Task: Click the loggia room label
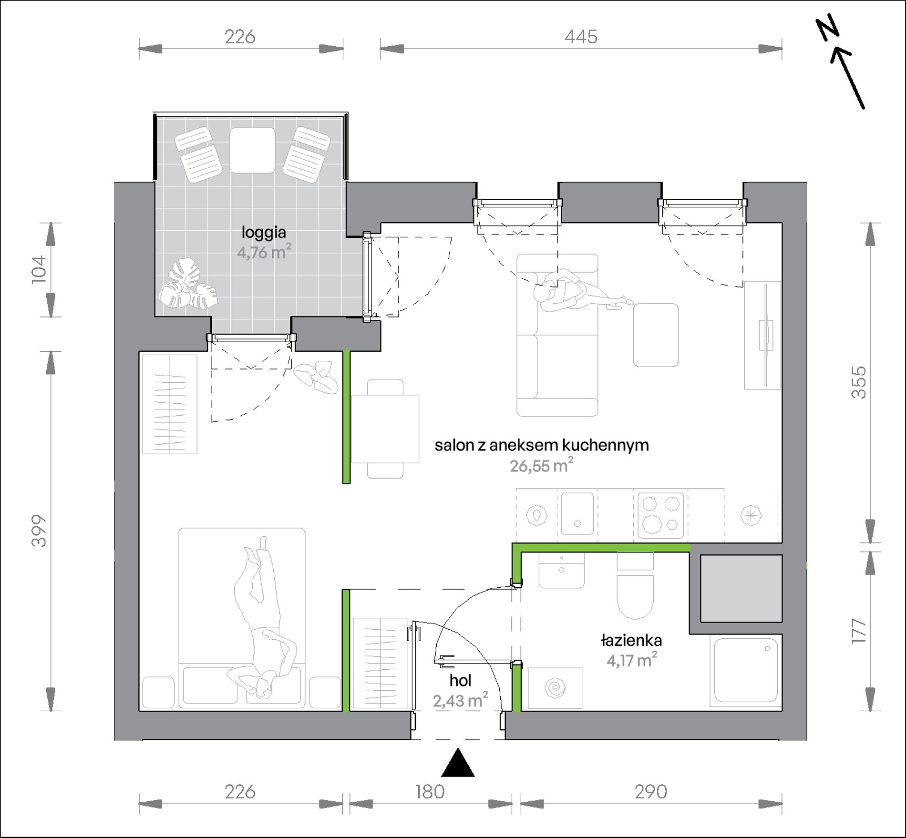coord(264,233)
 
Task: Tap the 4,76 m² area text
coord(264,252)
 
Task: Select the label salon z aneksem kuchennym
coord(542,445)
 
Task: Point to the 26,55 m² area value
coord(542,465)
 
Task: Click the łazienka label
coord(631,640)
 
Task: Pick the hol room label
coord(460,681)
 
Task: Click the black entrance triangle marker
coord(458,763)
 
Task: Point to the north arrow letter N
coord(828,31)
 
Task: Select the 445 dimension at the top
coord(581,37)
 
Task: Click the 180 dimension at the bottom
coord(430,792)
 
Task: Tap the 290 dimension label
coord(651,792)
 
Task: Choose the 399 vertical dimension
coord(39,531)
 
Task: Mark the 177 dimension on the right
coord(858,631)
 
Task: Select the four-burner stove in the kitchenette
coord(660,516)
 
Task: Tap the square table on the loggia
coord(252,151)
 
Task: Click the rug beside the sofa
coord(656,335)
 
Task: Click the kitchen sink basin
coord(577,514)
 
